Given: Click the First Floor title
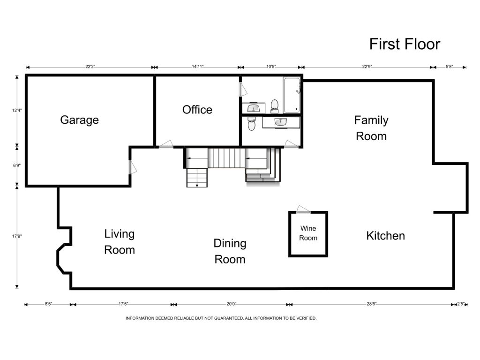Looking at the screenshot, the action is point(405,44).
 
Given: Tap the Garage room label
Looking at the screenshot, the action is point(79,120).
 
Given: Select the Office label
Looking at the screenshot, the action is point(197,110).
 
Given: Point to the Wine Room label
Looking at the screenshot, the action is point(308,233).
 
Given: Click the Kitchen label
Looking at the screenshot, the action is point(385,236).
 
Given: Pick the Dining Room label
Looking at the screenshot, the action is point(230,251).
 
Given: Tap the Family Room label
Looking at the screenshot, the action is point(371,128).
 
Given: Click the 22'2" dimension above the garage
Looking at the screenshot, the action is point(90,67).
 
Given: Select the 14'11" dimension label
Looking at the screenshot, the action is point(197,67).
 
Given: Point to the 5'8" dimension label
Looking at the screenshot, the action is point(449,67).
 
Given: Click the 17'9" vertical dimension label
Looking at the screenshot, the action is point(17,236).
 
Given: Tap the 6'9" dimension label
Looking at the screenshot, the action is point(17,165).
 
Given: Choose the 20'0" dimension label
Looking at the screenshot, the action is point(232,304).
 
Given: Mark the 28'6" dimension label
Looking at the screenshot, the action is point(371,304).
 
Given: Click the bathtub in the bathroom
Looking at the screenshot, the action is point(292,95).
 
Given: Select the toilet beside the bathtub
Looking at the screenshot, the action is point(274,106).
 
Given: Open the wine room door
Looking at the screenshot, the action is point(303,210).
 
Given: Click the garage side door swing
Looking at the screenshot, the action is point(133,167).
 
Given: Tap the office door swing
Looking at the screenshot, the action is point(166,144).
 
